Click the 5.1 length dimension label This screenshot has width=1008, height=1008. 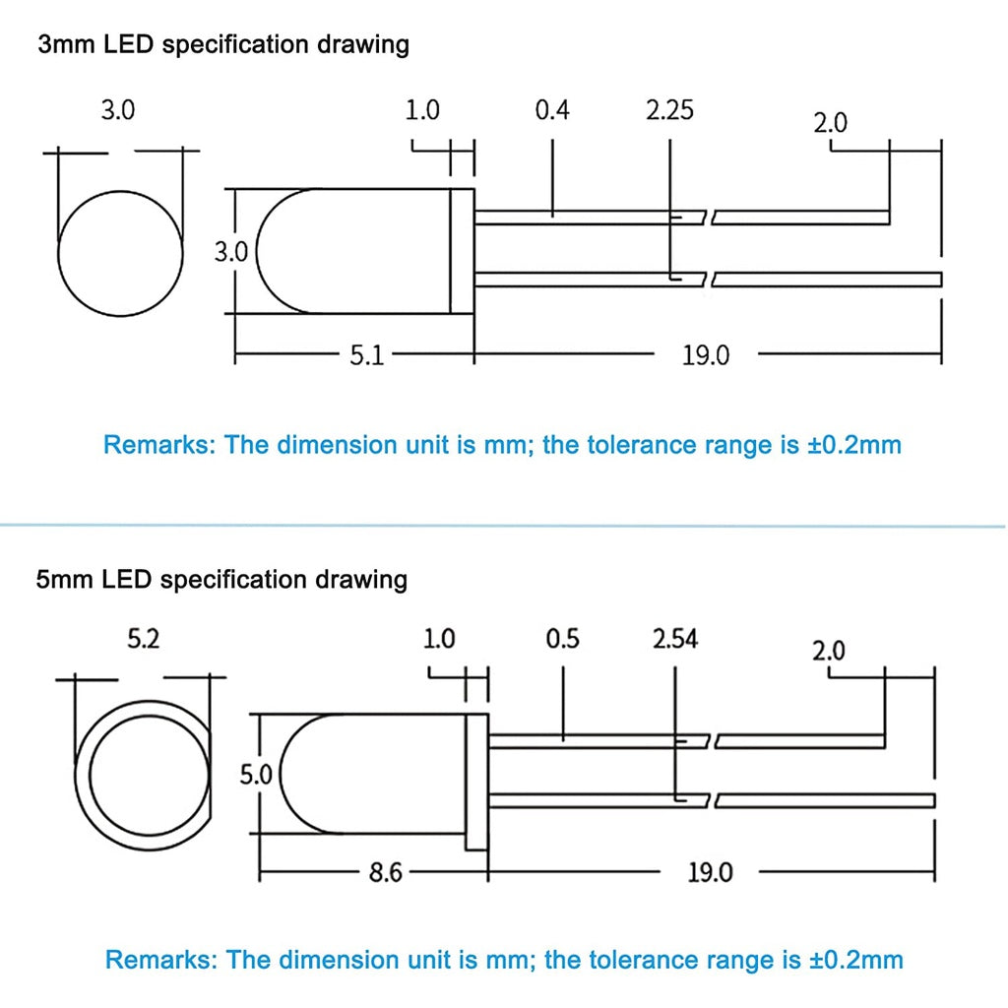[x=366, y=354]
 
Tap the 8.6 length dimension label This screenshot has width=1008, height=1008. [x=385, y=872]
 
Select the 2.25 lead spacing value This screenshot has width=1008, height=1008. [x=669, y=110]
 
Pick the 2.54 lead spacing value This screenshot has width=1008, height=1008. [x=675, y=639]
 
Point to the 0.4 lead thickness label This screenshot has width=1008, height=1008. [x=552, y=110]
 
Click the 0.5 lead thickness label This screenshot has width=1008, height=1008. [x=562, y=639]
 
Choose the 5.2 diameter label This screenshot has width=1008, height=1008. [x=143, y=639]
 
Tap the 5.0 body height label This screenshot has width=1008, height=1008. [x=256, y=776]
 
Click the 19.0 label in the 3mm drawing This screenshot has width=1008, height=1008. [x=706, y=355]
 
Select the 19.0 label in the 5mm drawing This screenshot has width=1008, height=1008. [x=711, y=872]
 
